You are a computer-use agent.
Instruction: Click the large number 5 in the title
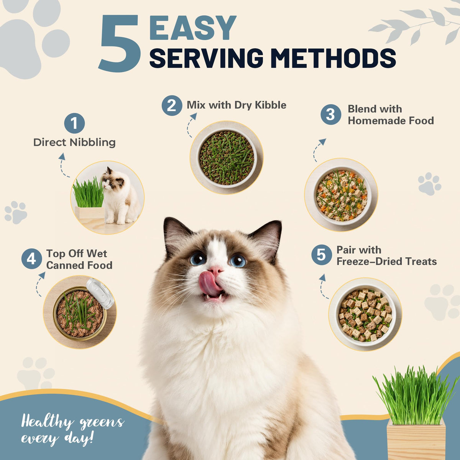(x=119, y=43)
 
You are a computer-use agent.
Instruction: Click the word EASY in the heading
(x=193, y=28)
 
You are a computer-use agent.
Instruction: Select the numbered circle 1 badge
(x=74, y=123)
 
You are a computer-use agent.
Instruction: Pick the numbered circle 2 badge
(x=172, y=105)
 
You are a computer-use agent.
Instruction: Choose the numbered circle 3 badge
(x=331, y=114)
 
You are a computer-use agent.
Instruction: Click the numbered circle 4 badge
(x=32, y=259)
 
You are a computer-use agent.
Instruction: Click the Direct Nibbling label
(x=74, y=143)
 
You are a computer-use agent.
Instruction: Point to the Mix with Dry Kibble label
(x=237, y=105)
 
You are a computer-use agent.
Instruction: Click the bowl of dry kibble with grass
(x=227, y=158)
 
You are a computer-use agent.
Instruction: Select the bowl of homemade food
(x=341, y=195)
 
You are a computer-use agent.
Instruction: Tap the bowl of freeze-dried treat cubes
(x=365, y=315)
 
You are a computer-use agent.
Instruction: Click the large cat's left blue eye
(x=198, y=259)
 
